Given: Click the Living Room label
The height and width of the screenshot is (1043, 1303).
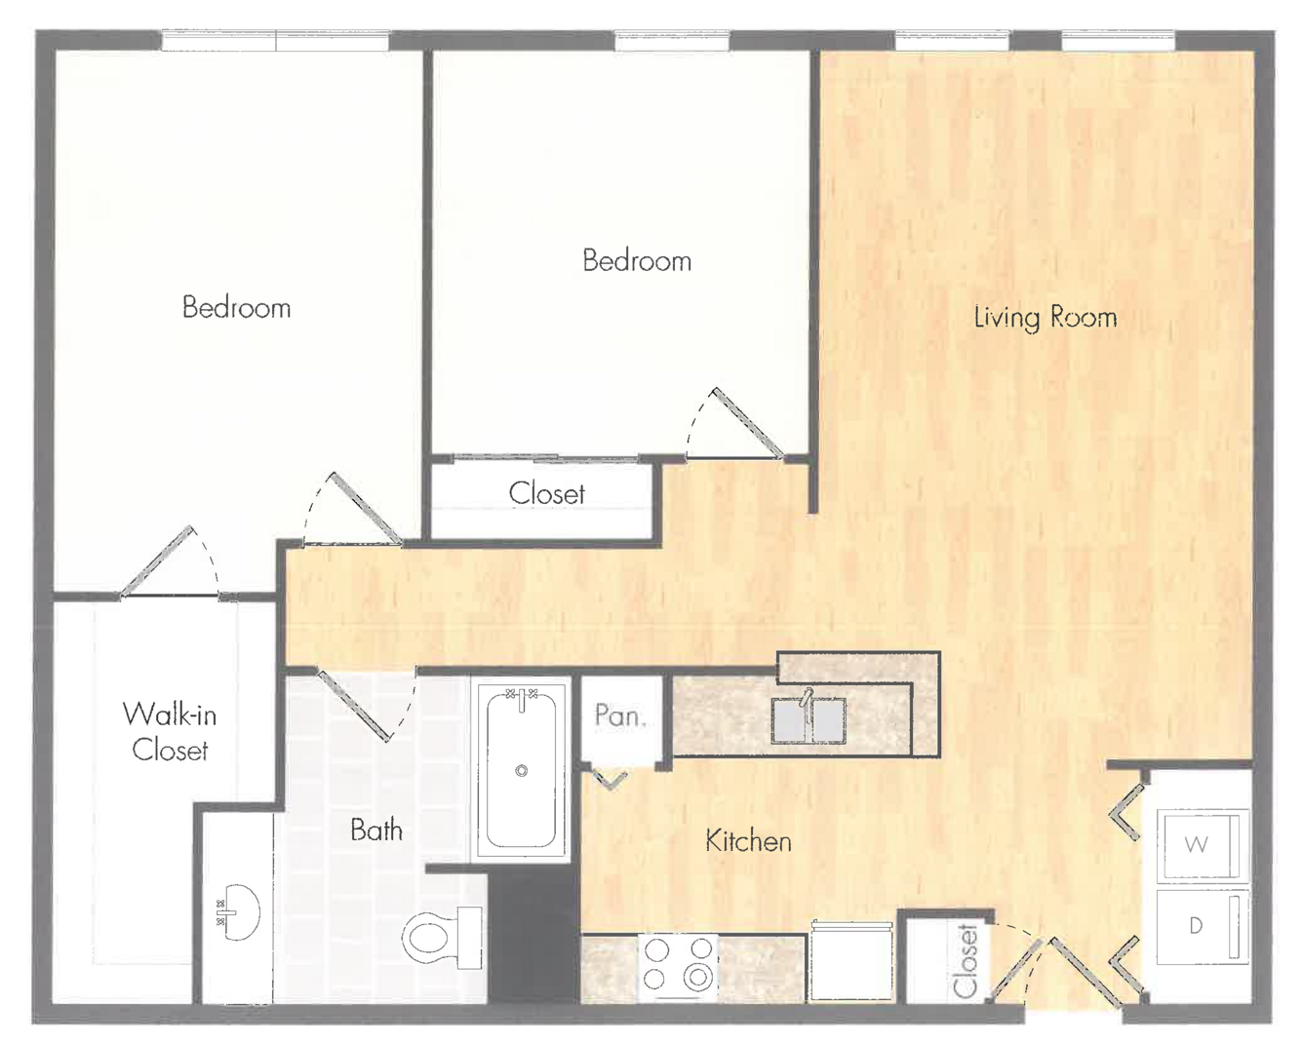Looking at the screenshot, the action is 1046,317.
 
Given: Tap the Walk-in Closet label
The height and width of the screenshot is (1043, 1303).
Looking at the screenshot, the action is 170,732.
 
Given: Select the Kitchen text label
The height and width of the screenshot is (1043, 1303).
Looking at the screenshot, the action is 748,841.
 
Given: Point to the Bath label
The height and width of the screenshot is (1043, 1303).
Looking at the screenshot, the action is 376,830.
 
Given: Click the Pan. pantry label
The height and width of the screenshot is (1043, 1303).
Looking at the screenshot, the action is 620,715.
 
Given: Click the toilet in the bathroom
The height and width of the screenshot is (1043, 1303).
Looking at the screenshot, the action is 443,938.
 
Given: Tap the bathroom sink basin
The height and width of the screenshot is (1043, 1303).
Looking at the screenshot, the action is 238,912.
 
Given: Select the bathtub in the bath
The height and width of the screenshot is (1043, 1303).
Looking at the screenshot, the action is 522,771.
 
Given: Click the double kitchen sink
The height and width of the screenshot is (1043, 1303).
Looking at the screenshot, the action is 809,720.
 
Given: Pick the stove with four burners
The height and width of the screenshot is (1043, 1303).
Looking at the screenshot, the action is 678,967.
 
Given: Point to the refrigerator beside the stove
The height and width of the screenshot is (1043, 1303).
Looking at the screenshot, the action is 851,962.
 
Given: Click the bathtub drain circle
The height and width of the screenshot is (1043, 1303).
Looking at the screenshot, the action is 522,771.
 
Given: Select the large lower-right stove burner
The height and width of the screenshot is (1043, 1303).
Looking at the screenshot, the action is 697,977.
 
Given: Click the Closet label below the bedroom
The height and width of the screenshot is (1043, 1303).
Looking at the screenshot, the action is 547,493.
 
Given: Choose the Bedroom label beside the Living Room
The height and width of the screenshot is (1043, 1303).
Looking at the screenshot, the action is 637,260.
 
